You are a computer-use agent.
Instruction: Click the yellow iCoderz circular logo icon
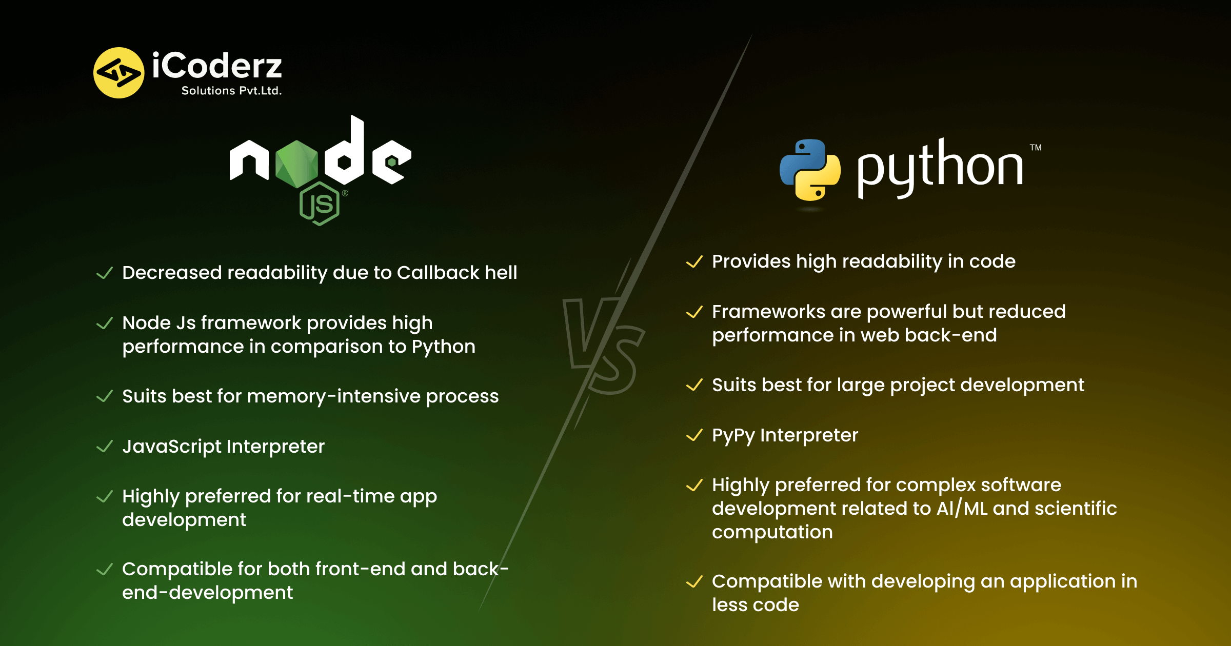point(118,73)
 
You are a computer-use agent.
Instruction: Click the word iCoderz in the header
point(217,66)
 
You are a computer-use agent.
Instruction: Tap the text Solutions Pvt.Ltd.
point(231,91)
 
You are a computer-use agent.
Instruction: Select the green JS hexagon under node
point(320,204)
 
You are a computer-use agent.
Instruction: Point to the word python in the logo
point(940,167)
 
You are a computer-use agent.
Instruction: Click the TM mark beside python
point(1036,148)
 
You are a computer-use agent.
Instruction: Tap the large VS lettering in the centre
point(604,346)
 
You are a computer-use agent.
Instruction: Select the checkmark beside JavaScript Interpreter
point(105,446)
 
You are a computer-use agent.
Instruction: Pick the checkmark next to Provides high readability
point(694,261)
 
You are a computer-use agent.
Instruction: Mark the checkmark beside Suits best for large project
point(694,385)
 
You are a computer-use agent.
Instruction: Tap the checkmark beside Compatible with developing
point(694,581)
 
